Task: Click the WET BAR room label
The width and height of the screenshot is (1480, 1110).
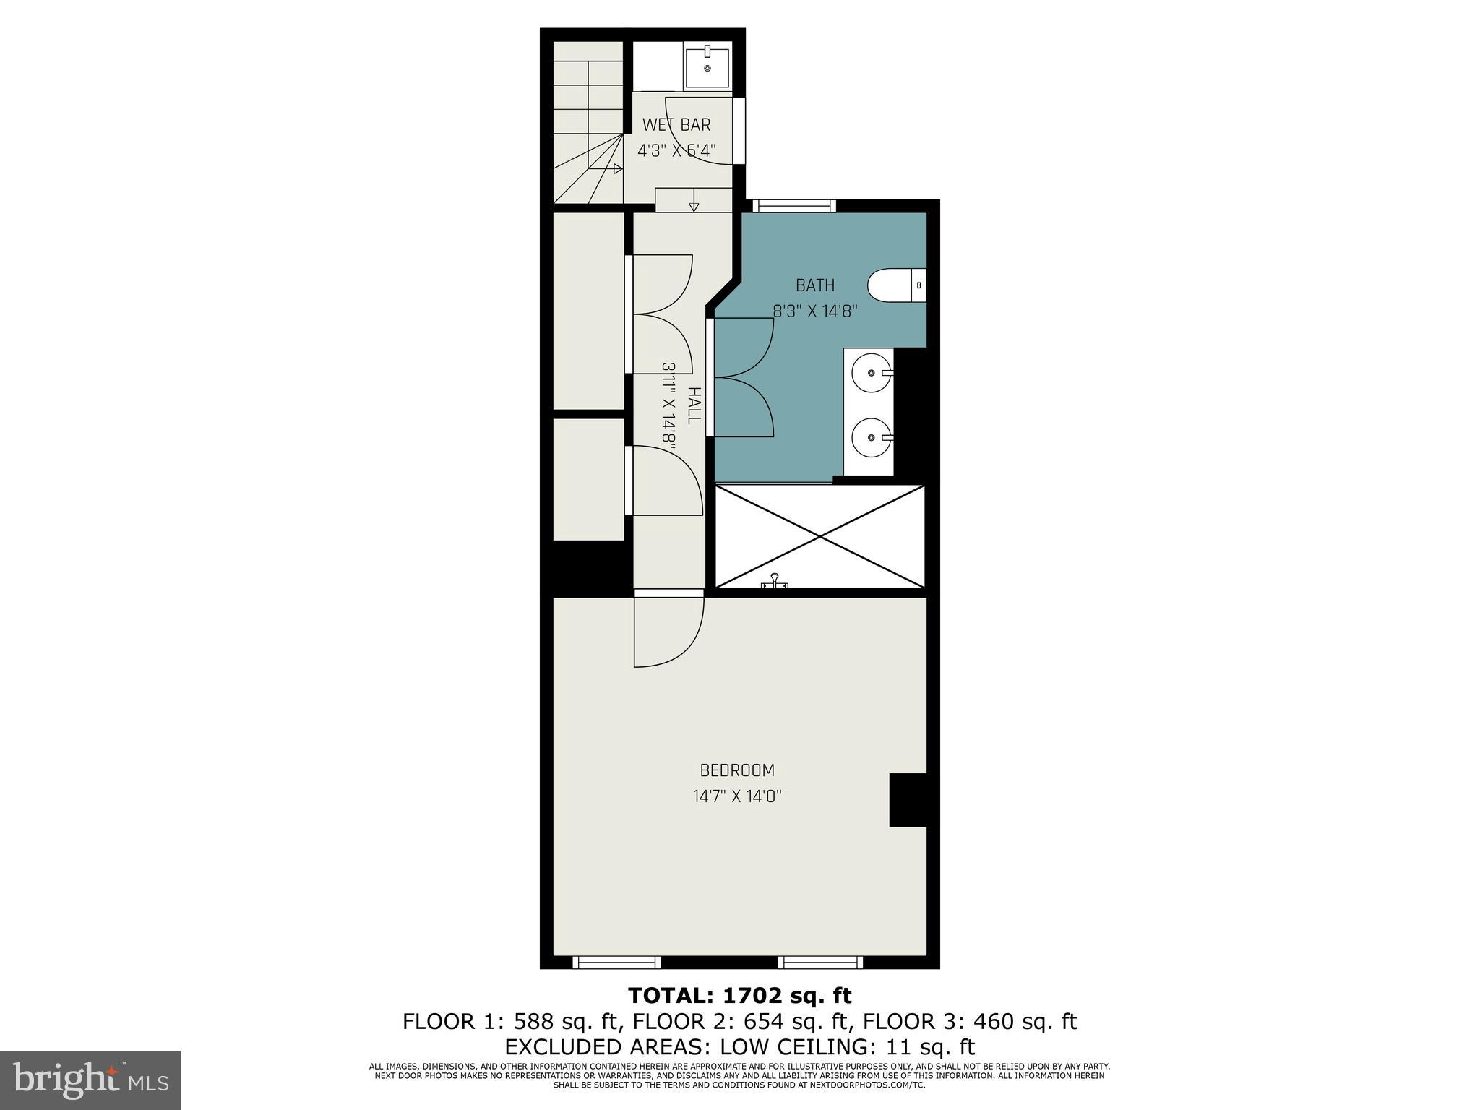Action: click(x=676, y=125)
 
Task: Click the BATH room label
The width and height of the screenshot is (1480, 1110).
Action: click(x=815, y=285)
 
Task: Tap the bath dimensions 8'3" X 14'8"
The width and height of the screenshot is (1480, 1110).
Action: click(x=815, y=311)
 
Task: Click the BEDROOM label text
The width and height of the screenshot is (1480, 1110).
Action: click(x=737, y=770)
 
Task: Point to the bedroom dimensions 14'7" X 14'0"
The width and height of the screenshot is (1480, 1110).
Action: click(x=737, y=796)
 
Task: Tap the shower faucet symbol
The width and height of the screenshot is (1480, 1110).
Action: click(x=774, y=582)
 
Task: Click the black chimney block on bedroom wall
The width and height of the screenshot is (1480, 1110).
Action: click(x=908, y=799)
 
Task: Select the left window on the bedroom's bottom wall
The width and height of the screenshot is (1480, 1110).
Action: click(x=616, y=962)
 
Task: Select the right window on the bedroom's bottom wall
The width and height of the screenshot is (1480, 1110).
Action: click(x=821, y=962)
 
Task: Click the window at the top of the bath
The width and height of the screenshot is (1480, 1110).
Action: click(x=794, y=206)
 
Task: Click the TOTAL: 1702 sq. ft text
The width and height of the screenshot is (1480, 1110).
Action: click(x=740, y=996)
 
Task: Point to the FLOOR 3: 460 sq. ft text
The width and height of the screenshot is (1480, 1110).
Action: click(x=970, y=1022)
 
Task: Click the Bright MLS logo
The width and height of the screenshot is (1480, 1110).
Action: click(x=90, y=1080)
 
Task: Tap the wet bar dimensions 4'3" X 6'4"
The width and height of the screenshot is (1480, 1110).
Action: click(x=676, y=151)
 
